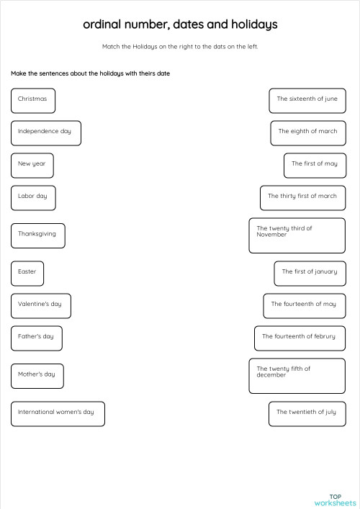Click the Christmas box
click(x=33, y=100)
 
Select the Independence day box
click(x=45, y=132)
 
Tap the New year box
click(x=32, y=165)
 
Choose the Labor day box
click(x=33, y=197)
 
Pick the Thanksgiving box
click(x=37, y=235)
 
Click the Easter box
click(x=27, y=273)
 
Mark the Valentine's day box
click(x=40, y=305)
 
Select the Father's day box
click(x=36, y=338)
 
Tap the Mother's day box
click(x=37, y=375)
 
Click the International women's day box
click(x=58, y=413)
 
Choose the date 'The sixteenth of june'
click(x=307, y=100)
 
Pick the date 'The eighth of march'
click(x=307, y=132)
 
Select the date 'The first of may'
click(x=314, y=165)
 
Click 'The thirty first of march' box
click(x=302, y=197)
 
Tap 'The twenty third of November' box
click(x=297, y=235)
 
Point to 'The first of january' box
click(x=309, y=273)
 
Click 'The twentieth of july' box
click(x=306, y=413)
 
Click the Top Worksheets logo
click(x=335, y=499)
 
